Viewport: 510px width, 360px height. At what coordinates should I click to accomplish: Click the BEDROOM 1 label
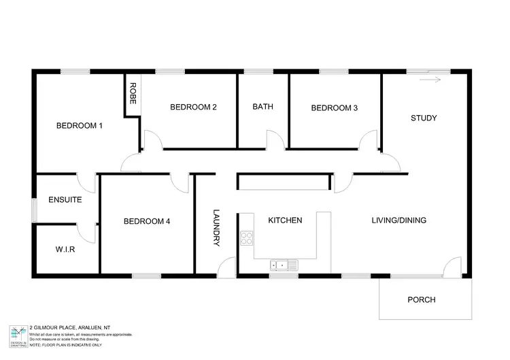click(79, 125)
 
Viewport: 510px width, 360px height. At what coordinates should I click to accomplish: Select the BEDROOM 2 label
click(193, 107)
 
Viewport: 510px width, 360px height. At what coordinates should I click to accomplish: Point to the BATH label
click(262, 107)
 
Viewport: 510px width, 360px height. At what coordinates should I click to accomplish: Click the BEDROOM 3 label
click(334, 108)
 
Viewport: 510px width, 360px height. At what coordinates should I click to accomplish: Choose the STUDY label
click(424, 118)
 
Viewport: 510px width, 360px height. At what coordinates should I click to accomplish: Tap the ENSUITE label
click(65, 200)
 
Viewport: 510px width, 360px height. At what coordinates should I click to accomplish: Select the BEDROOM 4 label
click(146, 221)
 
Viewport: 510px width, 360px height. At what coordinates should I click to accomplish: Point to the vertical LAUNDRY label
click(216, 227)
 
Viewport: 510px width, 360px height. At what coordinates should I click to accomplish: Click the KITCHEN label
click(285, 220)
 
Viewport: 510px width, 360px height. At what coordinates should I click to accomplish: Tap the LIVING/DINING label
click(398, 220)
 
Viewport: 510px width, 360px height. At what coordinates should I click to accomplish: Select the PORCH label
click(421, 299)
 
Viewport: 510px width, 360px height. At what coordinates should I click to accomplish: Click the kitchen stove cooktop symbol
click(247, 239)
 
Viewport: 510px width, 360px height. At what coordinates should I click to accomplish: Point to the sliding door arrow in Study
click(430, 80)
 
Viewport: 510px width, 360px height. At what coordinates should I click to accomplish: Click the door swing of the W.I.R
click(87, 233)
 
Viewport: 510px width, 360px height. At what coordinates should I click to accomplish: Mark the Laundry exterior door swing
click(228, 267)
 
